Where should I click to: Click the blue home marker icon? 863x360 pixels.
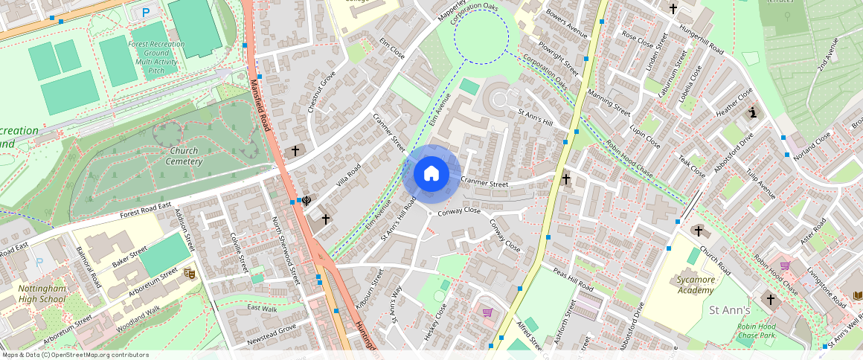[431, 174]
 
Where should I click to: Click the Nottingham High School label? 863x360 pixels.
[42, 293]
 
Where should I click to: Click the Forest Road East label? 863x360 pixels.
[146, 210]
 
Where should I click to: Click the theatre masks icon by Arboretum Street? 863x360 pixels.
[189, 274]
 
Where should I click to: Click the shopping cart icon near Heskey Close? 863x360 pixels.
[487, 313]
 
